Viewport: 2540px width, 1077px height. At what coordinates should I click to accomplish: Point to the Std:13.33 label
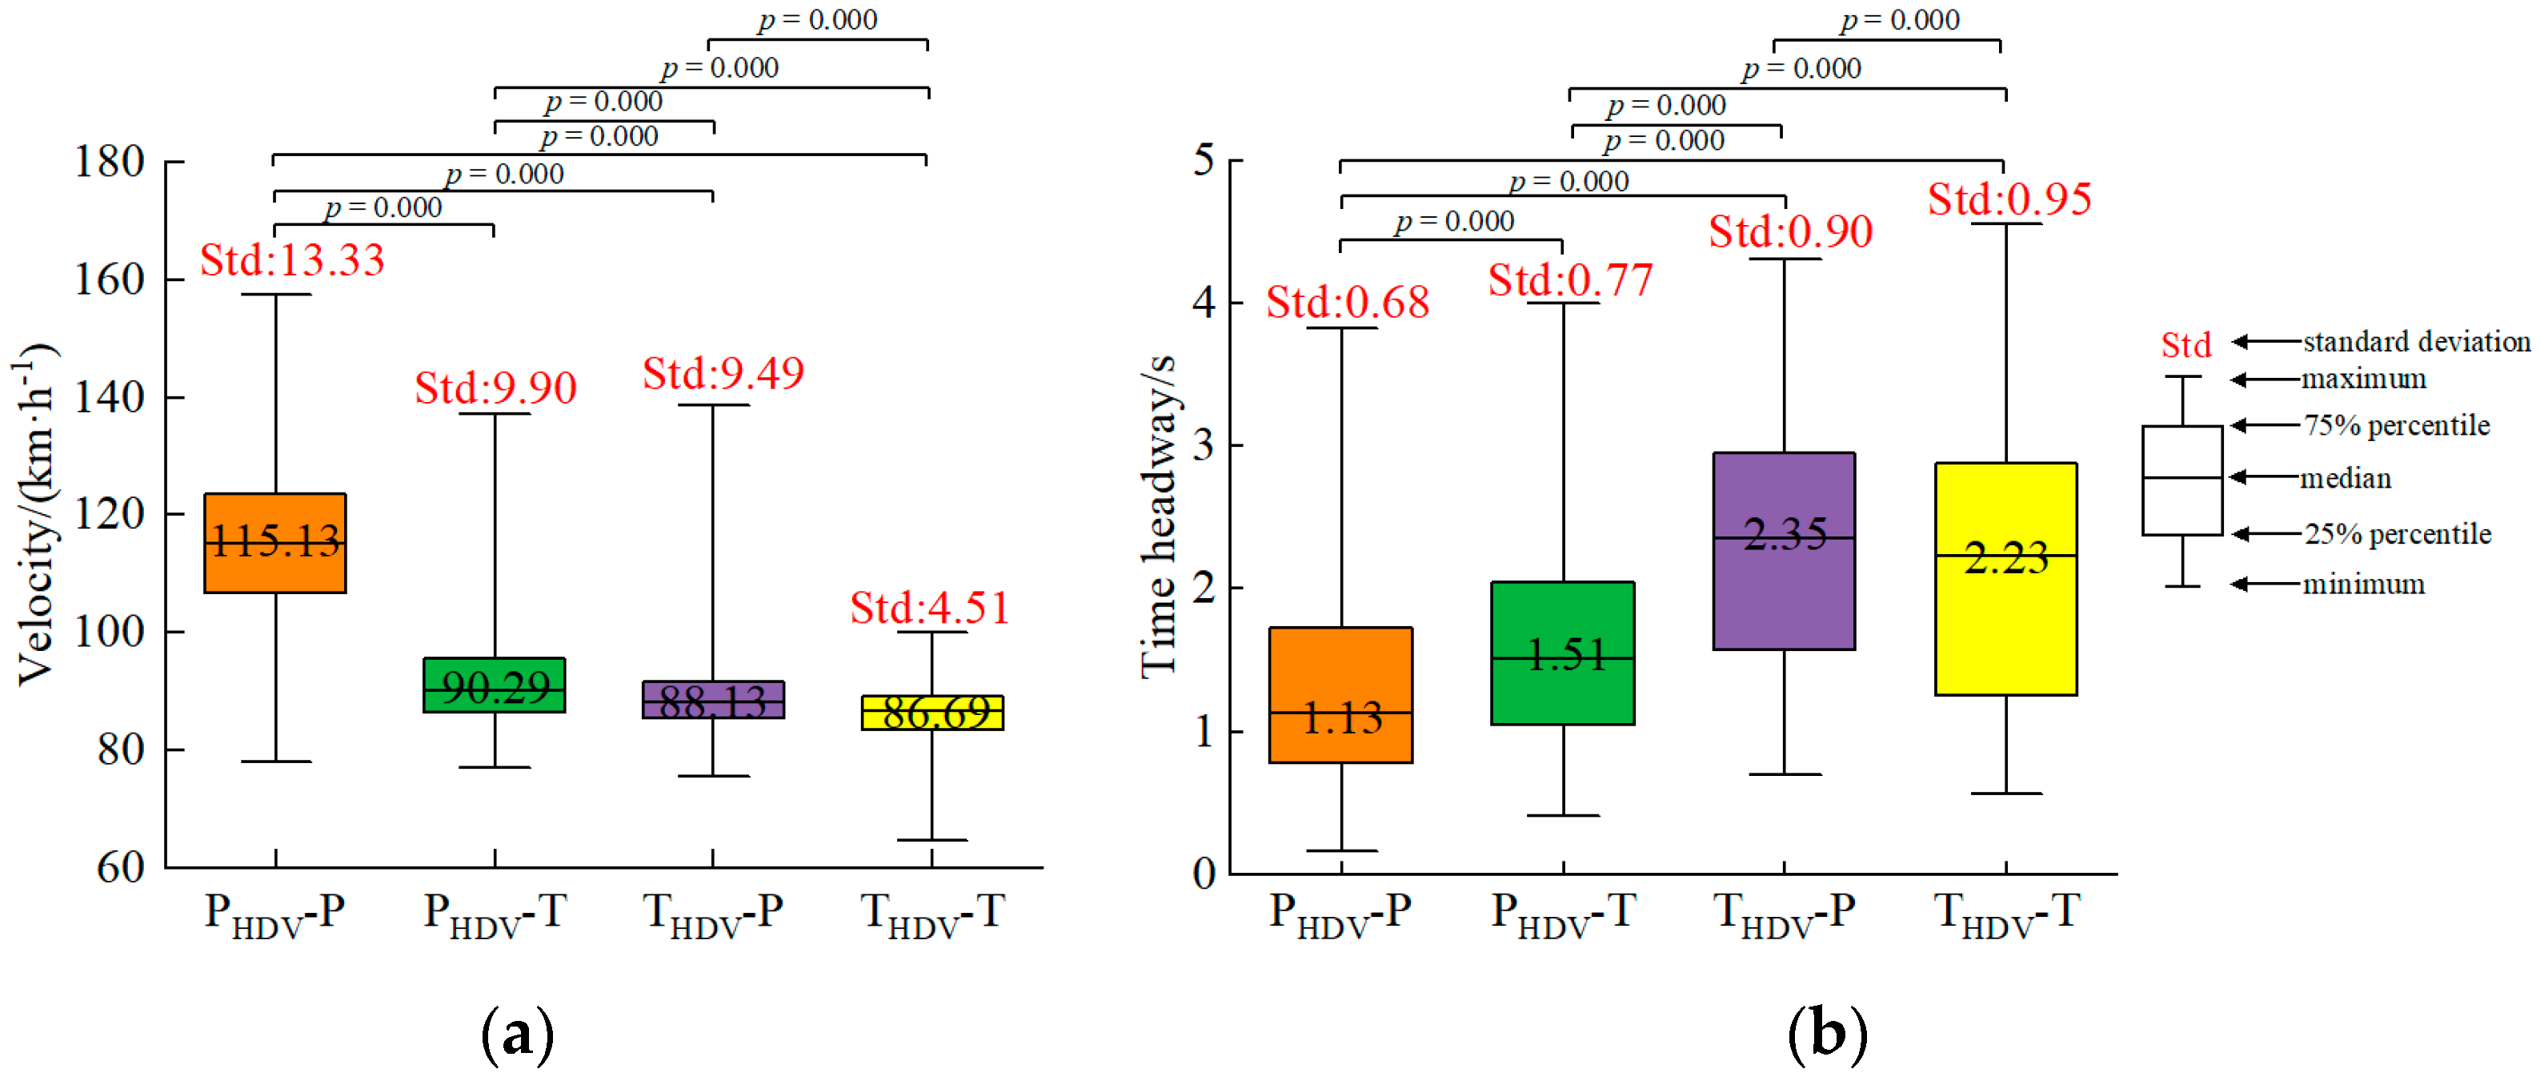tap(292, 260)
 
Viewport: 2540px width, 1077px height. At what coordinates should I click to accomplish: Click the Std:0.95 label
tap(2009, 199)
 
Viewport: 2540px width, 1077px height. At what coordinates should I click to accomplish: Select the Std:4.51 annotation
tap(930, 608)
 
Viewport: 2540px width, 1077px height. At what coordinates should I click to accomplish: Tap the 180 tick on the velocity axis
tap(110, 162)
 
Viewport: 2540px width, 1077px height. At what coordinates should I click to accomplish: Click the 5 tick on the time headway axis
tap(1203, 160)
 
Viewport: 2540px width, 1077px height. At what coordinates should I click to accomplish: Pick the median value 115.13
tap(275, 541)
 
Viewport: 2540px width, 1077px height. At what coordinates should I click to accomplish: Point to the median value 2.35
tap(1785, 535)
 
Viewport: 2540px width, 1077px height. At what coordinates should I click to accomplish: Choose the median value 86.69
tap(935, 711)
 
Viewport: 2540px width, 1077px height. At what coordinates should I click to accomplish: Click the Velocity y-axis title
tap(35, 512)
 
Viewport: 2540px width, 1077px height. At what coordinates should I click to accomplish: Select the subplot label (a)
tap(517, 1034)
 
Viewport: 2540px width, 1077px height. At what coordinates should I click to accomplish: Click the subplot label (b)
tap(1826, 1034)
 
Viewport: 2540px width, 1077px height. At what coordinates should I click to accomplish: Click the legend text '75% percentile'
tap(2396, 425)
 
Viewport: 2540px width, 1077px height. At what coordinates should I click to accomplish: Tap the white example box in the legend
tap(2181, 480)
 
